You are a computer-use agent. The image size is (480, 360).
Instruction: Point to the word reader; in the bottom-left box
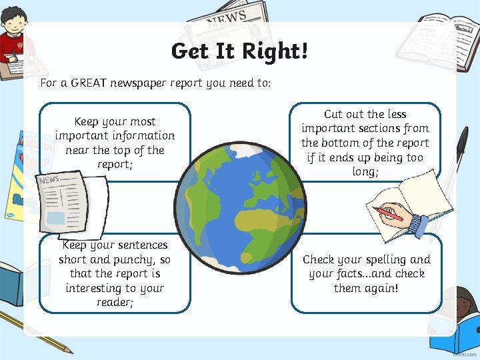click(115, 303)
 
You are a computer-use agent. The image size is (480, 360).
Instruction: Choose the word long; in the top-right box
click(365, 172)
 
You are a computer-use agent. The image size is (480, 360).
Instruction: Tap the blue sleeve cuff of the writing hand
click(418, 224)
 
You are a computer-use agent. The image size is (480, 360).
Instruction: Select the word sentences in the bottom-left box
click(141, 245)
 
